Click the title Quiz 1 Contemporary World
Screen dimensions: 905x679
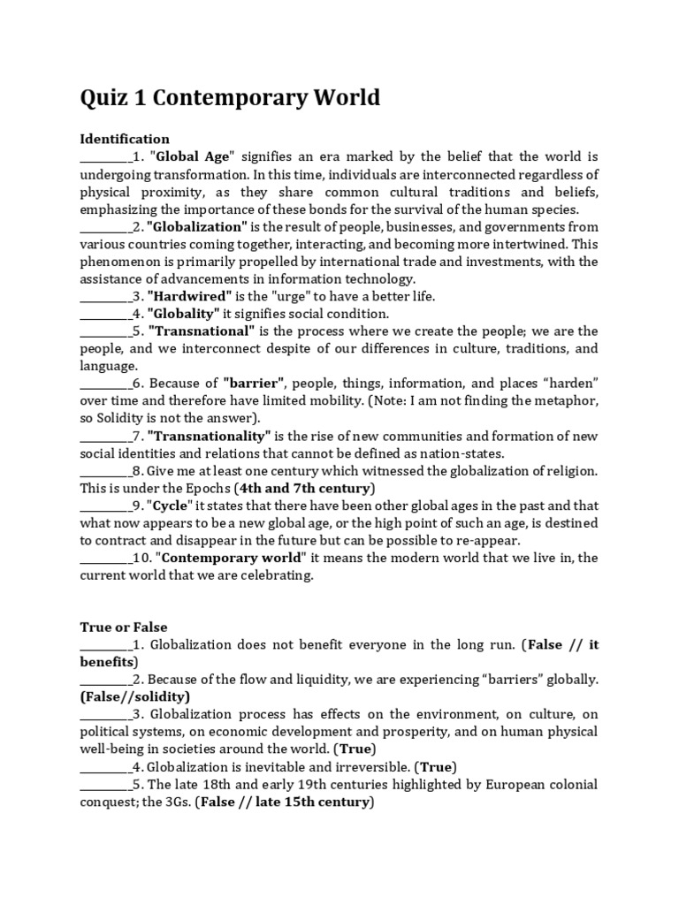(x=230, y=97)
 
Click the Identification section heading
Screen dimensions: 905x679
(x=125, y=139)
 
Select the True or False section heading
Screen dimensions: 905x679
(x=124, y=627)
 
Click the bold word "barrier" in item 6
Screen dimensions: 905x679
(x=254, y=383)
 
